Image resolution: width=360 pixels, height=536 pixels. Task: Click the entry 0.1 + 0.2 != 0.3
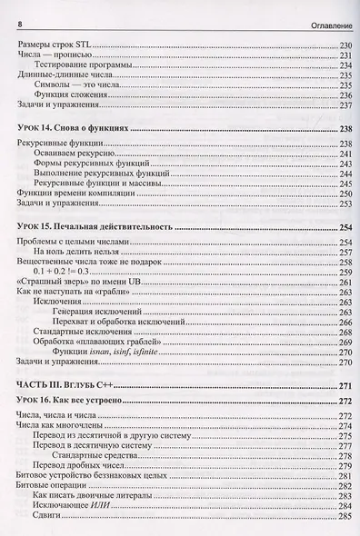coord(62,272)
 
